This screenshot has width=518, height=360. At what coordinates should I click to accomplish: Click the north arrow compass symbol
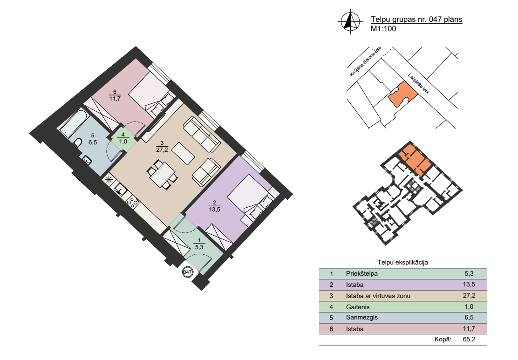click(x=348, y=21)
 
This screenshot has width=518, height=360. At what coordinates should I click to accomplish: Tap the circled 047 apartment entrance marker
click(x=187, y=272)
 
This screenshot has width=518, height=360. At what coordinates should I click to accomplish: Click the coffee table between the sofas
click(x=183, y=154)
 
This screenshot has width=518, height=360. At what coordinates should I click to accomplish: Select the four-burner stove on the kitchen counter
click(x=133, y=203)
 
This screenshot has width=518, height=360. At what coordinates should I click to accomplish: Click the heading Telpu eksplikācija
click(x=402, y=263)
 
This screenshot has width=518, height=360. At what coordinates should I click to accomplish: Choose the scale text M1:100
click(x=383, y=29)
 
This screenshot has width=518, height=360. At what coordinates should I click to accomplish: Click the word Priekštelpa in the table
click(x=361, y=273)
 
